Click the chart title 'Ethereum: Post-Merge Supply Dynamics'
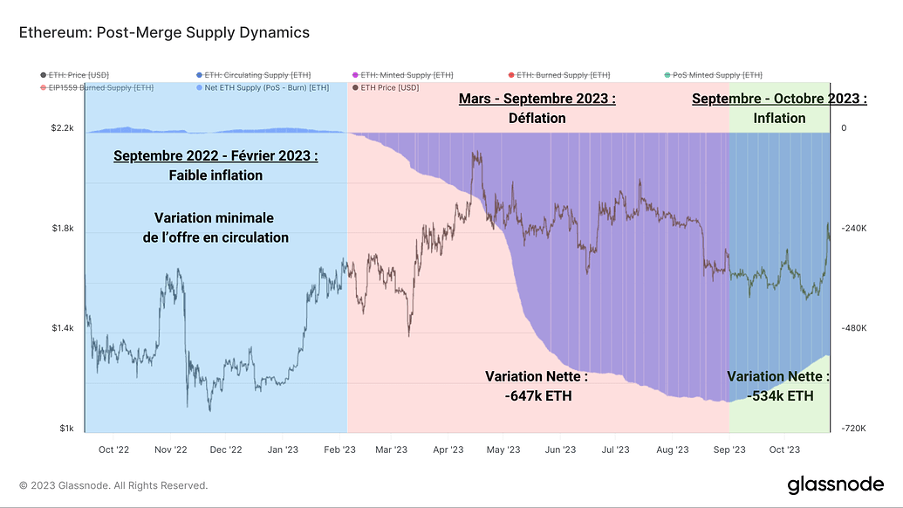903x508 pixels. [164, 33]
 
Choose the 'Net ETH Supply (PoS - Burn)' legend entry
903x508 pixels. [263, 87]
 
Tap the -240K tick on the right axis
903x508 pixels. [854, 229]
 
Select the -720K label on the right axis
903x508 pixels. [854, 429]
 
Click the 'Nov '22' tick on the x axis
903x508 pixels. [170, 450]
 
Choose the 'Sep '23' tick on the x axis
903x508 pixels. [729, 450]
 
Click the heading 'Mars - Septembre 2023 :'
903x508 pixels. [537, 100]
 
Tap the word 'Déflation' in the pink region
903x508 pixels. [537, 118]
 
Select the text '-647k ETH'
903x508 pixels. [537, 395]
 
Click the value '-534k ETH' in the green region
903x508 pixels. [780, 395]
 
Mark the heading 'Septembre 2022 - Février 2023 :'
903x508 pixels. [215, 156]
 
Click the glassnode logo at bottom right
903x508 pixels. [835, 484]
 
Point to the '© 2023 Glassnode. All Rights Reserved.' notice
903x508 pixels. [113, 485]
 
